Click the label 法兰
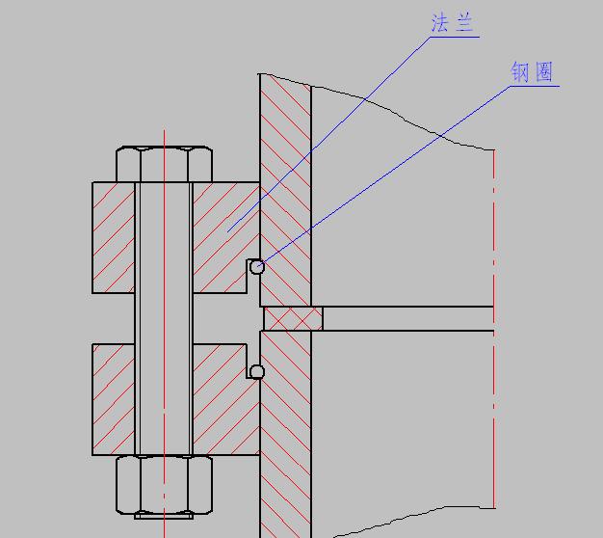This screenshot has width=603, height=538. click(x=454, y=24)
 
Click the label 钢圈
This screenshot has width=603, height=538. click(x=533, y=72)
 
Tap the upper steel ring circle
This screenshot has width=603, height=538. click(x=256, y=267)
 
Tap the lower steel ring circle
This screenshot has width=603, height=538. click(x=256, y=372)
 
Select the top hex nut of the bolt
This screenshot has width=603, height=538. click(x=164, y=164)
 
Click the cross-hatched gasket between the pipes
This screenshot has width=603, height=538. click(x=293, y=318)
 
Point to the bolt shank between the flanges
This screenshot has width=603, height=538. click(x=164, y=318)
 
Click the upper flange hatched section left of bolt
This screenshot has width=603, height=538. click(x=114, y=237)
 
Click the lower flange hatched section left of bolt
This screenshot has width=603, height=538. click(x=114, y=397)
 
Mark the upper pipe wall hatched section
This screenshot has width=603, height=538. click(x=286, y=193)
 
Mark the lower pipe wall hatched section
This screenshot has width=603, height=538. click(x=286, y=434)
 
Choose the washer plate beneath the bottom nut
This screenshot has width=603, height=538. click(x=164, y=516)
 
